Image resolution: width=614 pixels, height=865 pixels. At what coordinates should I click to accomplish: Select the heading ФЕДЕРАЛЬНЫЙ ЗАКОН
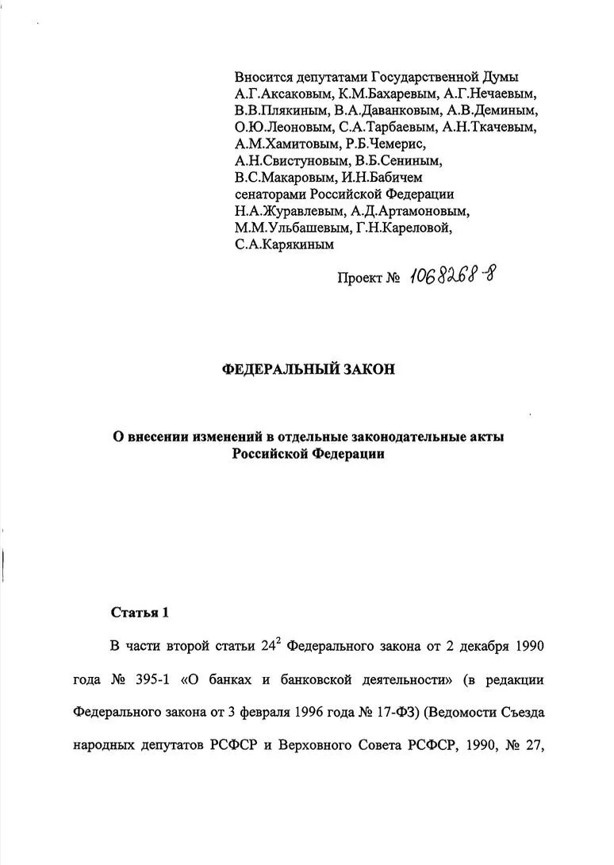pos(307,370)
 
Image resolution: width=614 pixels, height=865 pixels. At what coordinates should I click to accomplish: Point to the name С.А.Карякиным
pos(284,245)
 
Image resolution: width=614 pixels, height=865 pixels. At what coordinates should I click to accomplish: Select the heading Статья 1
pos(140,613)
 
